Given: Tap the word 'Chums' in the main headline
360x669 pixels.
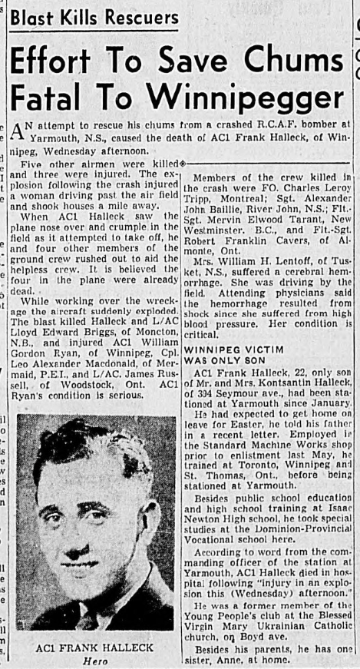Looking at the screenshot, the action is [292, 60].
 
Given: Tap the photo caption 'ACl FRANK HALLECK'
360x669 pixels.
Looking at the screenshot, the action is [95, 647].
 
